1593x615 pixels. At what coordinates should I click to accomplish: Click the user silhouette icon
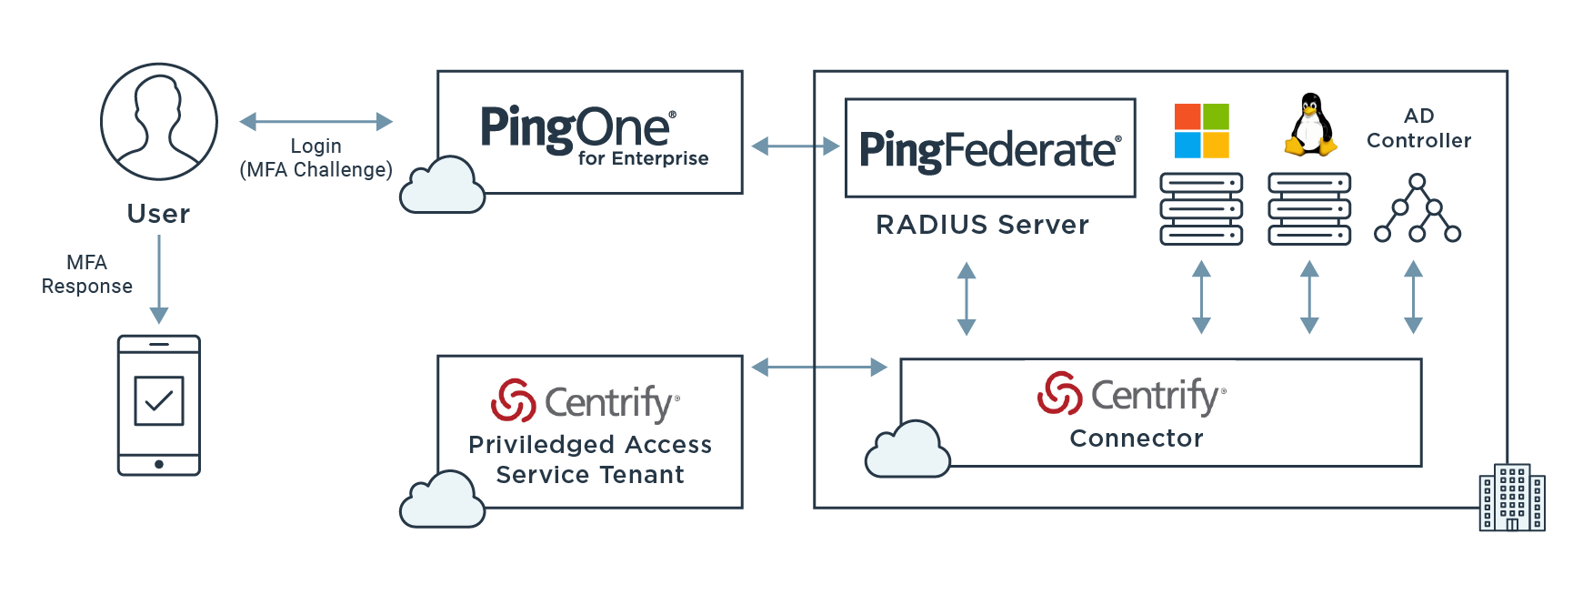point(159,121)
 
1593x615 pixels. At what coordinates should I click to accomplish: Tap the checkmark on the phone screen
point(159,400)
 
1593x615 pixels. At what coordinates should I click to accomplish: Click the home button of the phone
point(159,464)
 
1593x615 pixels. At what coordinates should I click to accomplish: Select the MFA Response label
point(87,274)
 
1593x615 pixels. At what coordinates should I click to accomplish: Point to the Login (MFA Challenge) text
point(316,158)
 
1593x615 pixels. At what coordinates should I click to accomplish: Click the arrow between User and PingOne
point(316,121)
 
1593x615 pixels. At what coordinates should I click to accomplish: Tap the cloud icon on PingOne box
point(442,187)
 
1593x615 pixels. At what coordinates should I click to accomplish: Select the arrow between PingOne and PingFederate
point(795,146)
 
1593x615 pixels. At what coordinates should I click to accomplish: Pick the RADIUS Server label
point(982,225)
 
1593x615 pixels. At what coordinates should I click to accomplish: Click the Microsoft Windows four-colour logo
point(1201,131)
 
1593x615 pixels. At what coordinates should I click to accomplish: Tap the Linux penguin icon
point(1309,125)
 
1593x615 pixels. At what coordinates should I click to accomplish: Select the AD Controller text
point(1418,128)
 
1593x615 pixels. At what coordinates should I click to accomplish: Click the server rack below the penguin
point(1309,209)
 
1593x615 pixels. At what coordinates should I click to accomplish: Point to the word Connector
point(1137,439)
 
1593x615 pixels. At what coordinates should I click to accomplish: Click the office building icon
point(1511,498)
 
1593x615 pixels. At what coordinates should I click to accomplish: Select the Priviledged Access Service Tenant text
point(590,459)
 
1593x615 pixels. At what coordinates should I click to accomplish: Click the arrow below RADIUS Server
point(967,298)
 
